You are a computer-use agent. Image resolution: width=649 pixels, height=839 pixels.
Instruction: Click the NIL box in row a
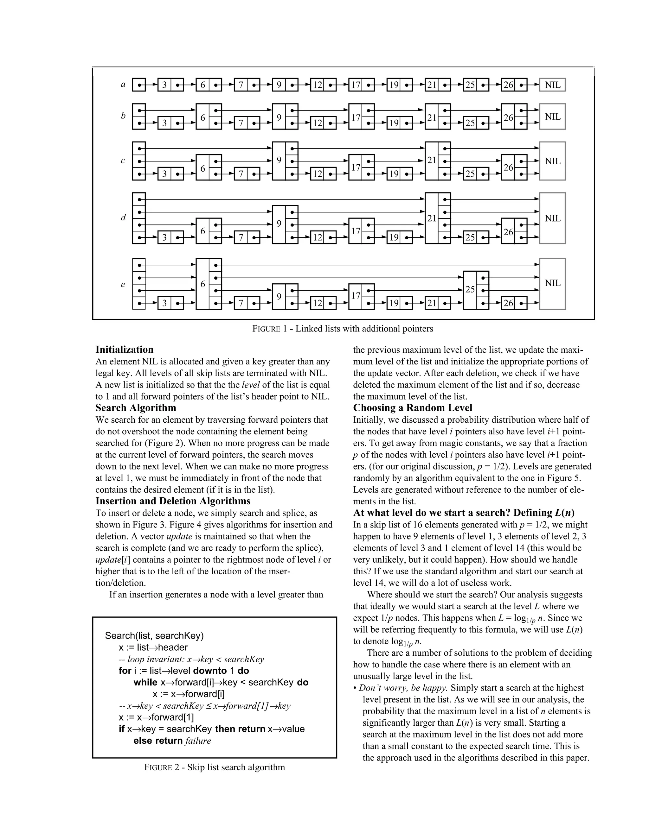point(552,85)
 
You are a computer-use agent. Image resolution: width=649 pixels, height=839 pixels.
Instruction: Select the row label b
point(123,116)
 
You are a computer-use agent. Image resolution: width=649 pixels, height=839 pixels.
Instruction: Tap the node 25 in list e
point(470,290)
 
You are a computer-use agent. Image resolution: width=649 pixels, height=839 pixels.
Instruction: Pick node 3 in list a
point(164,85)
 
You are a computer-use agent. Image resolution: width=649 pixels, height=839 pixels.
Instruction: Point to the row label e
point(123,285)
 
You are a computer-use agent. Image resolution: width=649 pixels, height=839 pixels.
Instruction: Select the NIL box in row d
point(552,218)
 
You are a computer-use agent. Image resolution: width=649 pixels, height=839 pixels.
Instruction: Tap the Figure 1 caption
point(343,328)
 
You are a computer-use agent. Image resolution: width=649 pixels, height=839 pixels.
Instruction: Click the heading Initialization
point(124,349)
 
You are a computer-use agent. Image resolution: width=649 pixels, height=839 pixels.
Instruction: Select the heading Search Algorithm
point(136,407)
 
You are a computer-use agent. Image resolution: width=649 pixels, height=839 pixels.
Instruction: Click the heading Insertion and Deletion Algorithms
point(173,501)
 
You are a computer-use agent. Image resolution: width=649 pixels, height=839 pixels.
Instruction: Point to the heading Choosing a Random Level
point(413,407)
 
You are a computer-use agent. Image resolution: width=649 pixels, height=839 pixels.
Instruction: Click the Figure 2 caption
point(215,767)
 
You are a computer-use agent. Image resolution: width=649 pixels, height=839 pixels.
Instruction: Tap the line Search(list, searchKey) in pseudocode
point(154,635)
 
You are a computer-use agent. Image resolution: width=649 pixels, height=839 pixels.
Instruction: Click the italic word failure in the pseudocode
point(198,741)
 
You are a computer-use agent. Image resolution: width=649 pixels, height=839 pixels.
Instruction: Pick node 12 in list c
point(318,173)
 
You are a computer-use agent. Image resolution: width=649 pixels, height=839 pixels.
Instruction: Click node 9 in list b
point(279,117)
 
